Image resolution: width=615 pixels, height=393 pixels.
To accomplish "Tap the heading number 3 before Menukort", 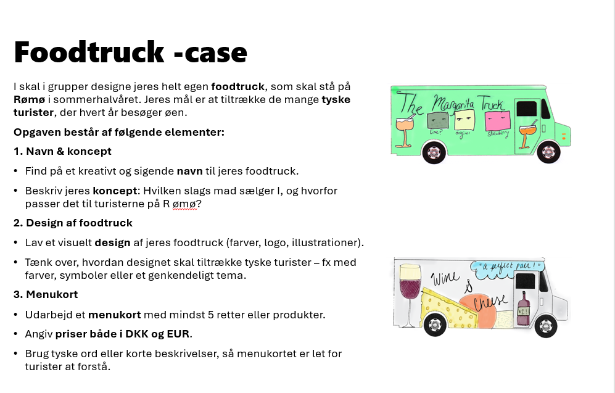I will click(17, 294).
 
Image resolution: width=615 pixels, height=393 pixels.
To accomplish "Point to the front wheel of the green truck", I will click(548, 152).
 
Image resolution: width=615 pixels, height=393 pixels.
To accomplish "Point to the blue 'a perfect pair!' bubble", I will click(506, 267).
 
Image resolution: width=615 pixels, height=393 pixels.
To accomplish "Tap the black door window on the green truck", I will click(525, 109).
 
